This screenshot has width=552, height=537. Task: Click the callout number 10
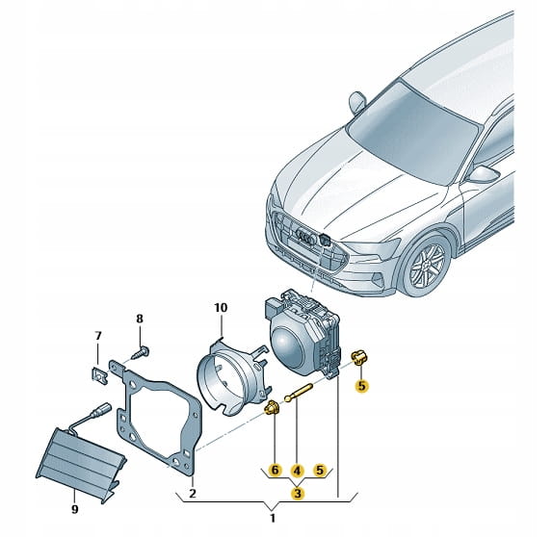221,308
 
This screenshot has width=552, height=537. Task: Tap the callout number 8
140,319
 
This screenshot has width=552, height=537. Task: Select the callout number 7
98,336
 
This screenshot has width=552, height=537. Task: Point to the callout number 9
74,509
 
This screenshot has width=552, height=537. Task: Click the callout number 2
193,494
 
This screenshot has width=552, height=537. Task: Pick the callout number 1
273,518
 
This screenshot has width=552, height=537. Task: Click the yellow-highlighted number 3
298,494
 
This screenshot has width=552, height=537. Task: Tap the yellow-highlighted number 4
297,471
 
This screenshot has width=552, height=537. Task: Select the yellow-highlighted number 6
275,471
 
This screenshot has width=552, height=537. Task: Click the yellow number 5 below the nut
362,386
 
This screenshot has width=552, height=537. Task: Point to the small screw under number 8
141,353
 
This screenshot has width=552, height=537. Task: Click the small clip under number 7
98,376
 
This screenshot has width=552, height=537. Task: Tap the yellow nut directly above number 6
272,408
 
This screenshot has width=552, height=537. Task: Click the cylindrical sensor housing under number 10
232,375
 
